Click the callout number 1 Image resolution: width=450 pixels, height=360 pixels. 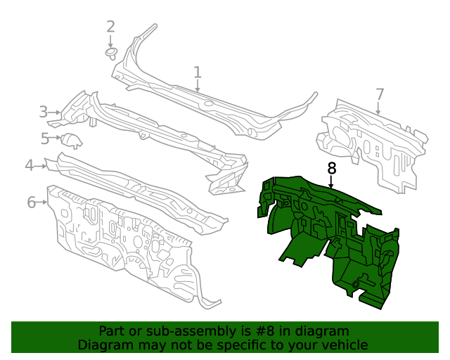198,72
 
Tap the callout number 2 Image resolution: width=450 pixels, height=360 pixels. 110,27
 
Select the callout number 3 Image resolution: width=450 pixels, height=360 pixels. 44,112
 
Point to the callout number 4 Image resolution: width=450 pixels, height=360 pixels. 30,165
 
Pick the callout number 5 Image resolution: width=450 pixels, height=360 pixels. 45,139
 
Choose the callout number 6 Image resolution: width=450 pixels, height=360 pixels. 32,202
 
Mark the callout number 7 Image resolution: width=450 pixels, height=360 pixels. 380,94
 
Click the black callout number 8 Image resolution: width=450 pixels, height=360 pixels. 332,169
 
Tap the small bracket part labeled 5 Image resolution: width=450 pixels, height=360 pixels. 70,140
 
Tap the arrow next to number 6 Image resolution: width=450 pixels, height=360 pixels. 44,202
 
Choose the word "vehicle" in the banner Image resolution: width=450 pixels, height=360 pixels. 344,345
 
